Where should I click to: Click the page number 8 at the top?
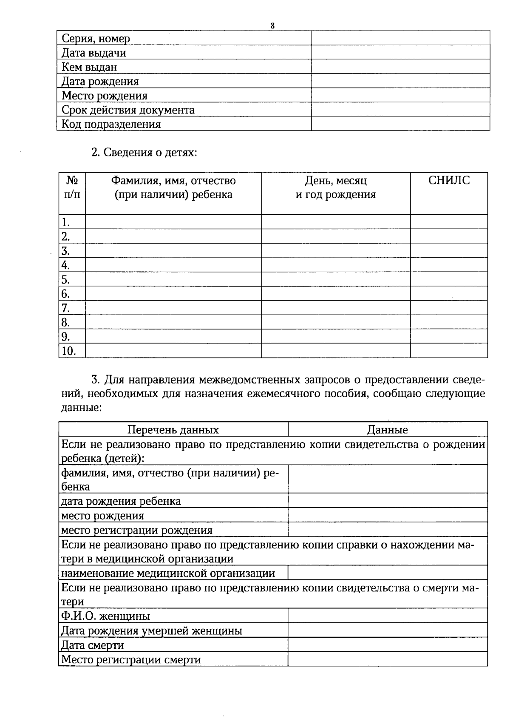click(272, 26)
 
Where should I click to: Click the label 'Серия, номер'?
click(96, 39)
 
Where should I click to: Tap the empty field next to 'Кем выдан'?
click(400, 67)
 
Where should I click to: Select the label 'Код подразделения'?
click(111, 124)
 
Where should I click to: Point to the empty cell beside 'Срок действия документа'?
click(400, 110)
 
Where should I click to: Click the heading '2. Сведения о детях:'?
click(144, 153)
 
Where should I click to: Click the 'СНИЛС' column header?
click(449, 180)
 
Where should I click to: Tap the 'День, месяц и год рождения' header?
click(336, 187)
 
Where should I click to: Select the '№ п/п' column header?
click(72, 187)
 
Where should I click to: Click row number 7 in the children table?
click(66, 308)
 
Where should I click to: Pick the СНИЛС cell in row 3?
click(449, 250)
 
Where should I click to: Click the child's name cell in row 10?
click(173, 351)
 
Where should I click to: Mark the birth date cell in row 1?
click(336, 222)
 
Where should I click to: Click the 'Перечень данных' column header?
click(173, 429)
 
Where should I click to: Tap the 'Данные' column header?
click(388, 429)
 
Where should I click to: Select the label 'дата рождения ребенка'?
click(121, 501)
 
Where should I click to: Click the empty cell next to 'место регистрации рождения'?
click(388, 530)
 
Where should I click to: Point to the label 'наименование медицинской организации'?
click(168, 573)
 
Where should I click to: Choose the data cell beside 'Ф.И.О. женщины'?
click(388, 616)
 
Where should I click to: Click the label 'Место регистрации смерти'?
click(131, 659)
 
